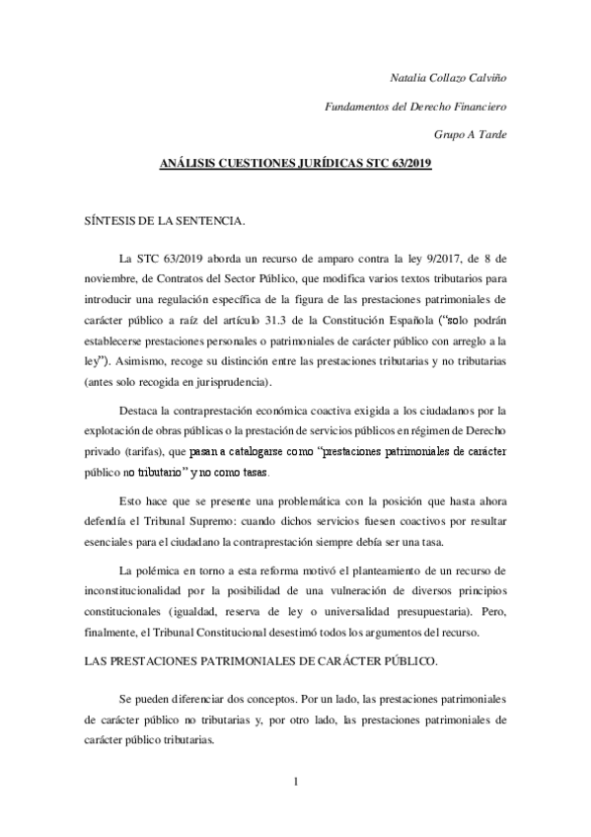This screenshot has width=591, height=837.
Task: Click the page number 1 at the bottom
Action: pos(295,784)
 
